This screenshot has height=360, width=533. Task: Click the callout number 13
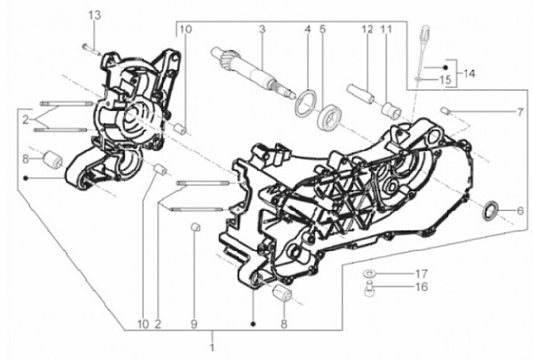click(x=95, y=16)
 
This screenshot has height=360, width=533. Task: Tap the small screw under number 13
click(x=91, y=49)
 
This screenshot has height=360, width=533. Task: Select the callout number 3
click(x=262, y=30)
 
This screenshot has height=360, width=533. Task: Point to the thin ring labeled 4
click(x=306, y=103)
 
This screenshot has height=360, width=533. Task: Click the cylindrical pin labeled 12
click(x=361, y=93)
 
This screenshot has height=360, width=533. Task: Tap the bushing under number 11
click(x=391, y=109)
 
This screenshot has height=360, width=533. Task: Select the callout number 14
click(x=469, y=73)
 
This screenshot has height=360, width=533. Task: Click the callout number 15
click(x=446, y=80)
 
